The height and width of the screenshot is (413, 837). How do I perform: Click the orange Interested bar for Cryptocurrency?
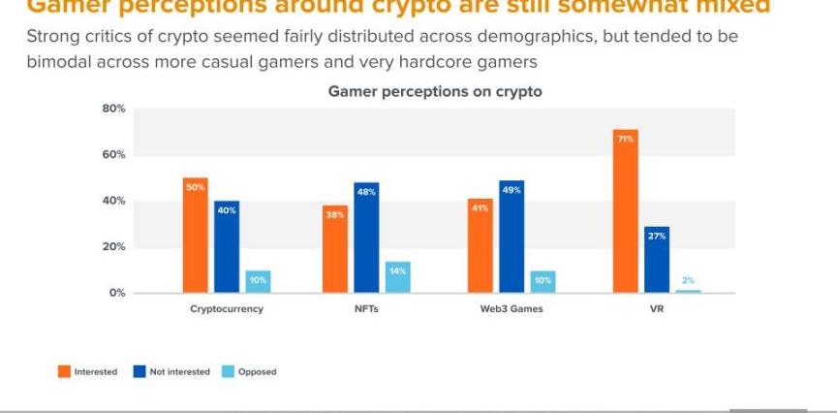(196, 236)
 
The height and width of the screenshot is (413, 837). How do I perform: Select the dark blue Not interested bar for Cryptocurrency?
(227, 247)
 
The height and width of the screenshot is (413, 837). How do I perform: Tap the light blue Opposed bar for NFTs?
(397, 277)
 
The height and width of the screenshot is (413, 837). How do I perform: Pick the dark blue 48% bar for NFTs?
(366, 238)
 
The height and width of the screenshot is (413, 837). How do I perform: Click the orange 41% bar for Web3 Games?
(480, 246)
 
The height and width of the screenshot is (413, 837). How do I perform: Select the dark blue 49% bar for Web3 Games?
(511, 237)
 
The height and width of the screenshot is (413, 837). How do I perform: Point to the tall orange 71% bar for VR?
(626, 211)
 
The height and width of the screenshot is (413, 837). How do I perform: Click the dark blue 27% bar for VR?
(657, 260)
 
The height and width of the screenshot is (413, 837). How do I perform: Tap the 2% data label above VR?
(688, 280)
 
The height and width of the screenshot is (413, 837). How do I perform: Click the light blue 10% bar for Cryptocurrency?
(258, 281)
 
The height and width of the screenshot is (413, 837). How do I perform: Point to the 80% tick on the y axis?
(113, 110)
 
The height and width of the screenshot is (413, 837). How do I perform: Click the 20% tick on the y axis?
(113, 247)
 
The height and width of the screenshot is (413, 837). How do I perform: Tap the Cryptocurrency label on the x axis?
(227, 309)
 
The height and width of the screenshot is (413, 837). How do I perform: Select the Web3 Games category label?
(511, 309)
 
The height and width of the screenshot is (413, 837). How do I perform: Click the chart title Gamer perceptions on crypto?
(435, 92)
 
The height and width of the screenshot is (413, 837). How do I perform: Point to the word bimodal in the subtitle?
(55, 61)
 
